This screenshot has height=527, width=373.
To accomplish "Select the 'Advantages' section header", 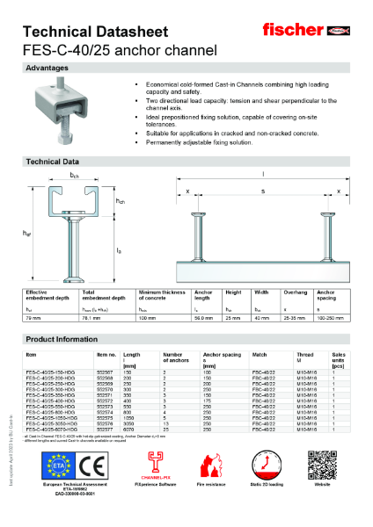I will click(48, 68).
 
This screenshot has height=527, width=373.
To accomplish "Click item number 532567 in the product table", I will click(106, 372).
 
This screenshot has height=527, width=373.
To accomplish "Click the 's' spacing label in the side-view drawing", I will click(263, 191).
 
